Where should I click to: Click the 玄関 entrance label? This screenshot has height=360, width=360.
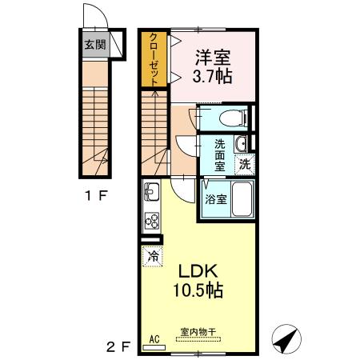pyautogui.click(x=95, y=45)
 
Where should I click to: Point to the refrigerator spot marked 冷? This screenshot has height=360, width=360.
pyautogui.click(x=152, y=257)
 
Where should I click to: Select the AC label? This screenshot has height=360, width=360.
pyautogui.click(x=154, y=339)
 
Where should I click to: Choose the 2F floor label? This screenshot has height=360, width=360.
pyautogui.click(x=118, y=346)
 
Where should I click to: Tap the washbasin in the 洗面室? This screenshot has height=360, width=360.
pyautogui.click(x=241, y=144)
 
